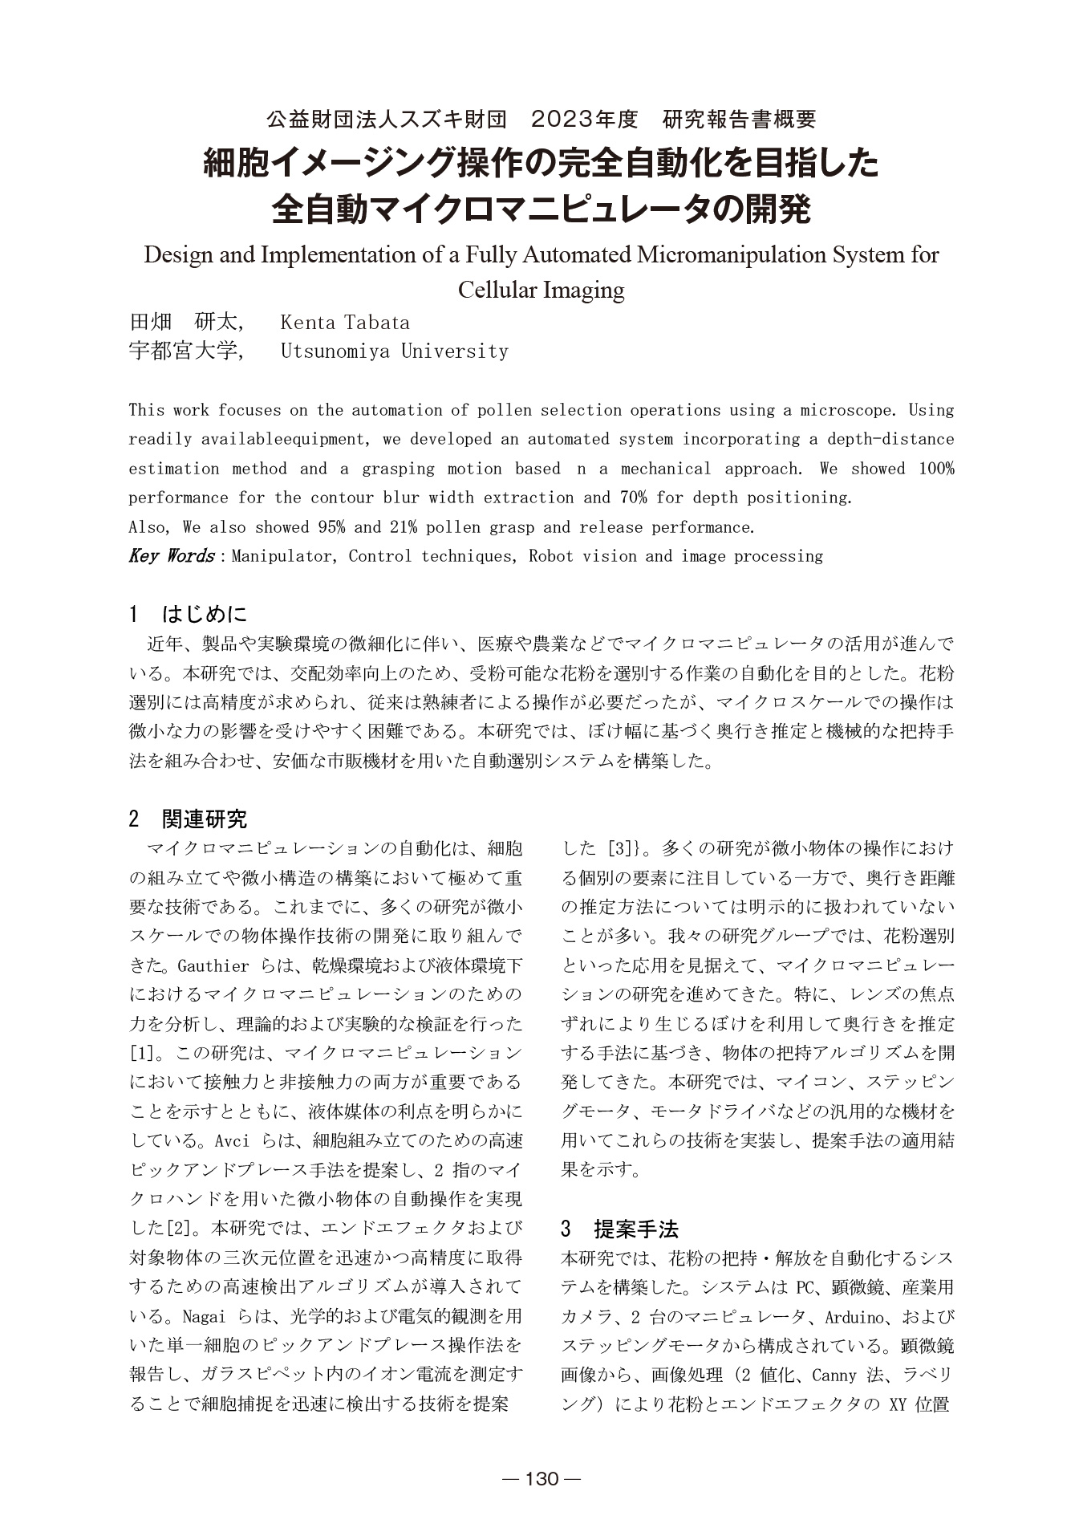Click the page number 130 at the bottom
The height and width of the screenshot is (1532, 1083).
tap(541, 1478)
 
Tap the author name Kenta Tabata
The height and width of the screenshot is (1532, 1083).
tap(345, 323)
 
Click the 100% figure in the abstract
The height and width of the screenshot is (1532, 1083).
tap(936, 469)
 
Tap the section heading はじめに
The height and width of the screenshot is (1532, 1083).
tap(205, 615)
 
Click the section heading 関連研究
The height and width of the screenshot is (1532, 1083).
tap(205, 819)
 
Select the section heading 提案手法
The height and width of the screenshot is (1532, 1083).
tap(636, 1229)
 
